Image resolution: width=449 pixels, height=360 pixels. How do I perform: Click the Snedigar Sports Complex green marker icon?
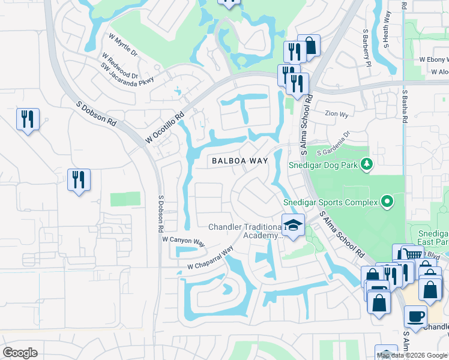click(387, 202)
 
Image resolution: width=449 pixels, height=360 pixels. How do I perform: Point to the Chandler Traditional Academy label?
click(244, 231)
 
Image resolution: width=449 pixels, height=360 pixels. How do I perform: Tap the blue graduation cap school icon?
click(292, 225)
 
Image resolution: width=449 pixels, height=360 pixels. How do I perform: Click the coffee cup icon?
click(415, 316)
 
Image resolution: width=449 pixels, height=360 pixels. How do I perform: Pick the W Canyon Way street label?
click(184, 240)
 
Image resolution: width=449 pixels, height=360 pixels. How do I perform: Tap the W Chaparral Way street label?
click(210, 259)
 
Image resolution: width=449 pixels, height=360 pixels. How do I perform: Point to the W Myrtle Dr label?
click(123, 45)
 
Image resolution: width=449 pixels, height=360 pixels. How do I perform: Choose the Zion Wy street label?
click(336, 113)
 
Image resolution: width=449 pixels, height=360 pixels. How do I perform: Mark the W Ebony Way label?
click(433, 60)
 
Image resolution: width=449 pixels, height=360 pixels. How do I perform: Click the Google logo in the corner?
click(20, 353)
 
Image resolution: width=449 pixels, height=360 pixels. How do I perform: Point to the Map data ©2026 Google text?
click(412, 355)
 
